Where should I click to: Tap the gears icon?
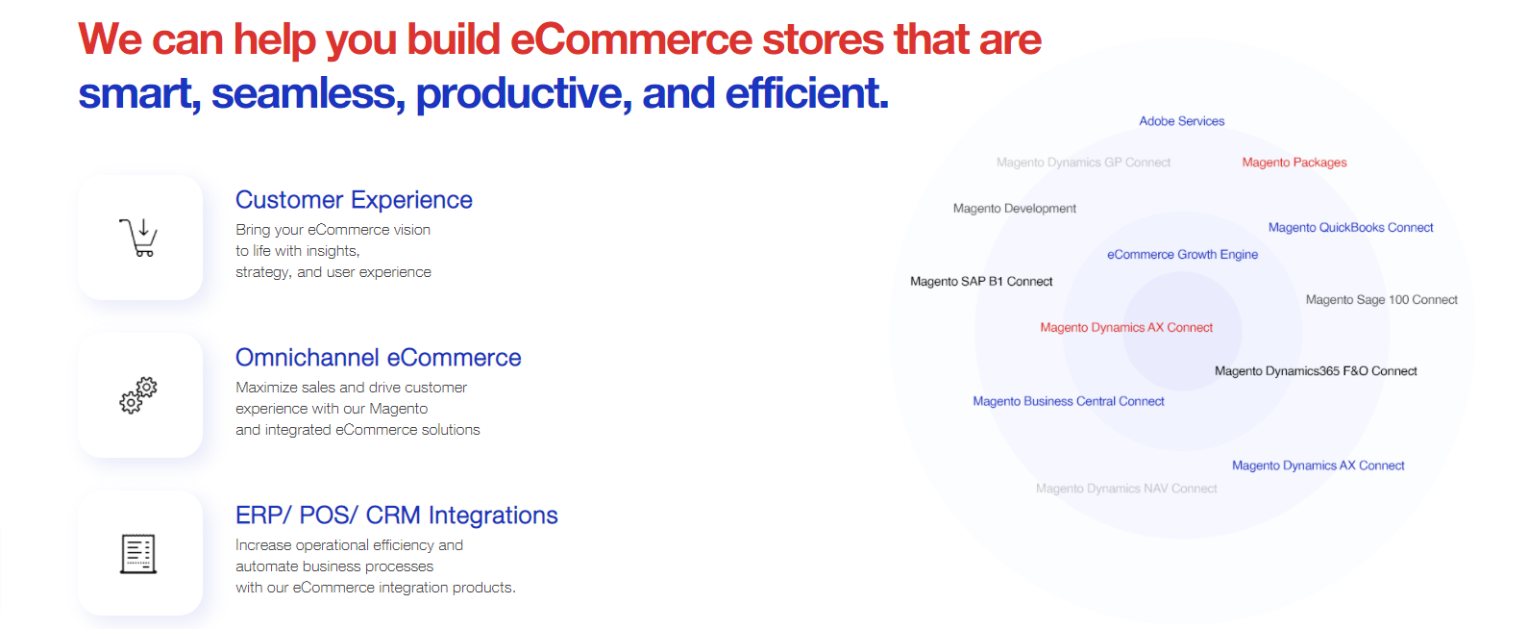tap(138, 394)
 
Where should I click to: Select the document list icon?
tap(138, 553)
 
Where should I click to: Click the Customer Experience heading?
tap(354, 200)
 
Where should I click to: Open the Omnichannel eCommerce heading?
tap(378, 358)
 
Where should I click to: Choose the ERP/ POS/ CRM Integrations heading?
tap(396, 516)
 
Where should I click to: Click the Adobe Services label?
tap(1181, 121)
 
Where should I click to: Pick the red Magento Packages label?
tap(1294, 163)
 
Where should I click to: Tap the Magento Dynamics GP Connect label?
tap(1083, 163)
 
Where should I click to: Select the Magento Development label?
tap(1015, 209)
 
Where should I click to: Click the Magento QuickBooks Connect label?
tap(1350, 227)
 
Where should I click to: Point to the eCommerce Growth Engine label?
tap(1182, 255)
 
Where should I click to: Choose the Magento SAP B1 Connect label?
tap(981, 282)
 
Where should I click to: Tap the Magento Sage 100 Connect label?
tap(1381, 300)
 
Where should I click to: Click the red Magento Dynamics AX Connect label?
tap(1126, 328)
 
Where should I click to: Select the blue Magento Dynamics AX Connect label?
tap(1318, 465)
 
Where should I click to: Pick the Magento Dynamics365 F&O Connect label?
tap(1316, 371)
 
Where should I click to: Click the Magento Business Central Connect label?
tap(1069, 402)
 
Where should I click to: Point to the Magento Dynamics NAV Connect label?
tap(1126, 489)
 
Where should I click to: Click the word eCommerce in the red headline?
tap(631, 38)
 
